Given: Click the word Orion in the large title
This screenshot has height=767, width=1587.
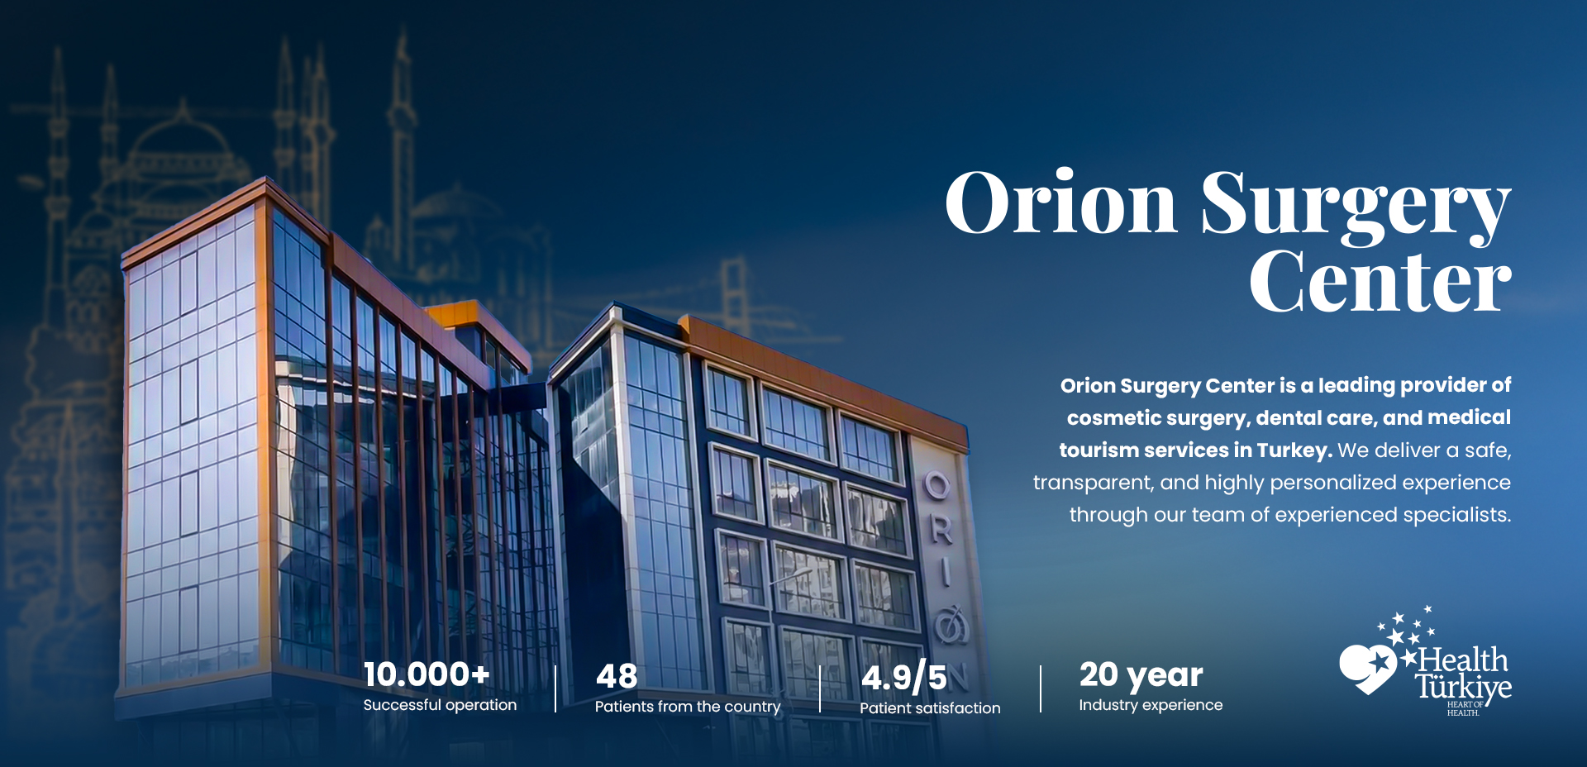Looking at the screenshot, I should coord(1060,204).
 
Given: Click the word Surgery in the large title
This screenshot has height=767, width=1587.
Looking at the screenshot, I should coord(1356,207).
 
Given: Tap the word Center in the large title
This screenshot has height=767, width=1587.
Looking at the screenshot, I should coord(1380,283).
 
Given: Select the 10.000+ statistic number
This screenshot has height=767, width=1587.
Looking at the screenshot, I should coord(427,674).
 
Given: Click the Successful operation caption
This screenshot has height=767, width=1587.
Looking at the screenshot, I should coord(440,705).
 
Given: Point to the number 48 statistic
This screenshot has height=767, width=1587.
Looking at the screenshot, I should coord(617,677).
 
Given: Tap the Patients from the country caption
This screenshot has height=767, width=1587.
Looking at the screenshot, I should coord(687,707).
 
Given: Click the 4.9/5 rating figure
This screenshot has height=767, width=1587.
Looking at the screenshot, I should coord(904,678).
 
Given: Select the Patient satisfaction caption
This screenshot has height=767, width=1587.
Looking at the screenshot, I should coord(930,708).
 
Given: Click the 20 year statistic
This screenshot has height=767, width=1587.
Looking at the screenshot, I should coord(1141,675).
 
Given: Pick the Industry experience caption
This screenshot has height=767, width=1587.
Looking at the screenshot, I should coord(1151,705).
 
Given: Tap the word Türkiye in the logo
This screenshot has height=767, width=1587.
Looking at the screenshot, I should coord(1463,687).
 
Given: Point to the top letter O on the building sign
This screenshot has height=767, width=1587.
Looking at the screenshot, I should coord(936,485).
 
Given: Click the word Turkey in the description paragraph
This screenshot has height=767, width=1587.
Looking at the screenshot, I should coord(1293,450).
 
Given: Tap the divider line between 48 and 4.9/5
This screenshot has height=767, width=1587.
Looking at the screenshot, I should coord(820,688).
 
